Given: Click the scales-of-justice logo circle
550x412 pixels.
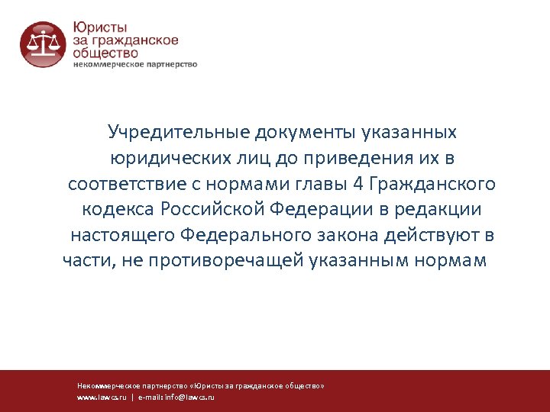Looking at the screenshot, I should coord(42,44).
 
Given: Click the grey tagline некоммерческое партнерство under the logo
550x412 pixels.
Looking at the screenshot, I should coord(135,65).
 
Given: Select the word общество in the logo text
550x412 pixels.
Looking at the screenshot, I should coord(105,53).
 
